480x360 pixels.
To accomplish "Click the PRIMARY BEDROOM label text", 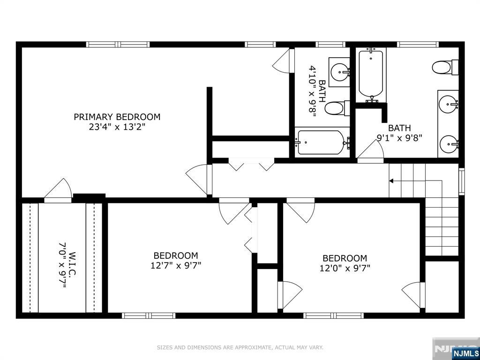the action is coord(117,117).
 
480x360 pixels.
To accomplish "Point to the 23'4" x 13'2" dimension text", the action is coord(117,127).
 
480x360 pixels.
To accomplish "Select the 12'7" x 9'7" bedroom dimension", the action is coord(176,265).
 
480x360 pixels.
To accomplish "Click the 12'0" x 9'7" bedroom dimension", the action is coord(345,268).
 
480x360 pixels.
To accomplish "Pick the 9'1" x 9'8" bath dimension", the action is coord(399,138).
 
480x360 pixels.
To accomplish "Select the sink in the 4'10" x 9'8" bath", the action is coord(340,72).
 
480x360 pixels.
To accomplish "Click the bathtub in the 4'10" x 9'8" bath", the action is coord(322,142).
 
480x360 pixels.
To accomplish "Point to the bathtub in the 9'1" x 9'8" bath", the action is coord(371,75).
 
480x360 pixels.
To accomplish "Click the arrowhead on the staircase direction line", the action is coord(391,181).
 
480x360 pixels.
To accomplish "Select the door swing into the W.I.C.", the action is coord(58,190).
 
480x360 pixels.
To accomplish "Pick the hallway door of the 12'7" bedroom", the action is coord(234,211).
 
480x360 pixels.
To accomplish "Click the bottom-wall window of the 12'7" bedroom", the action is coord(149,315).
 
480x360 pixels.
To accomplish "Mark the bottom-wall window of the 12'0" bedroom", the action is coord(333,315).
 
